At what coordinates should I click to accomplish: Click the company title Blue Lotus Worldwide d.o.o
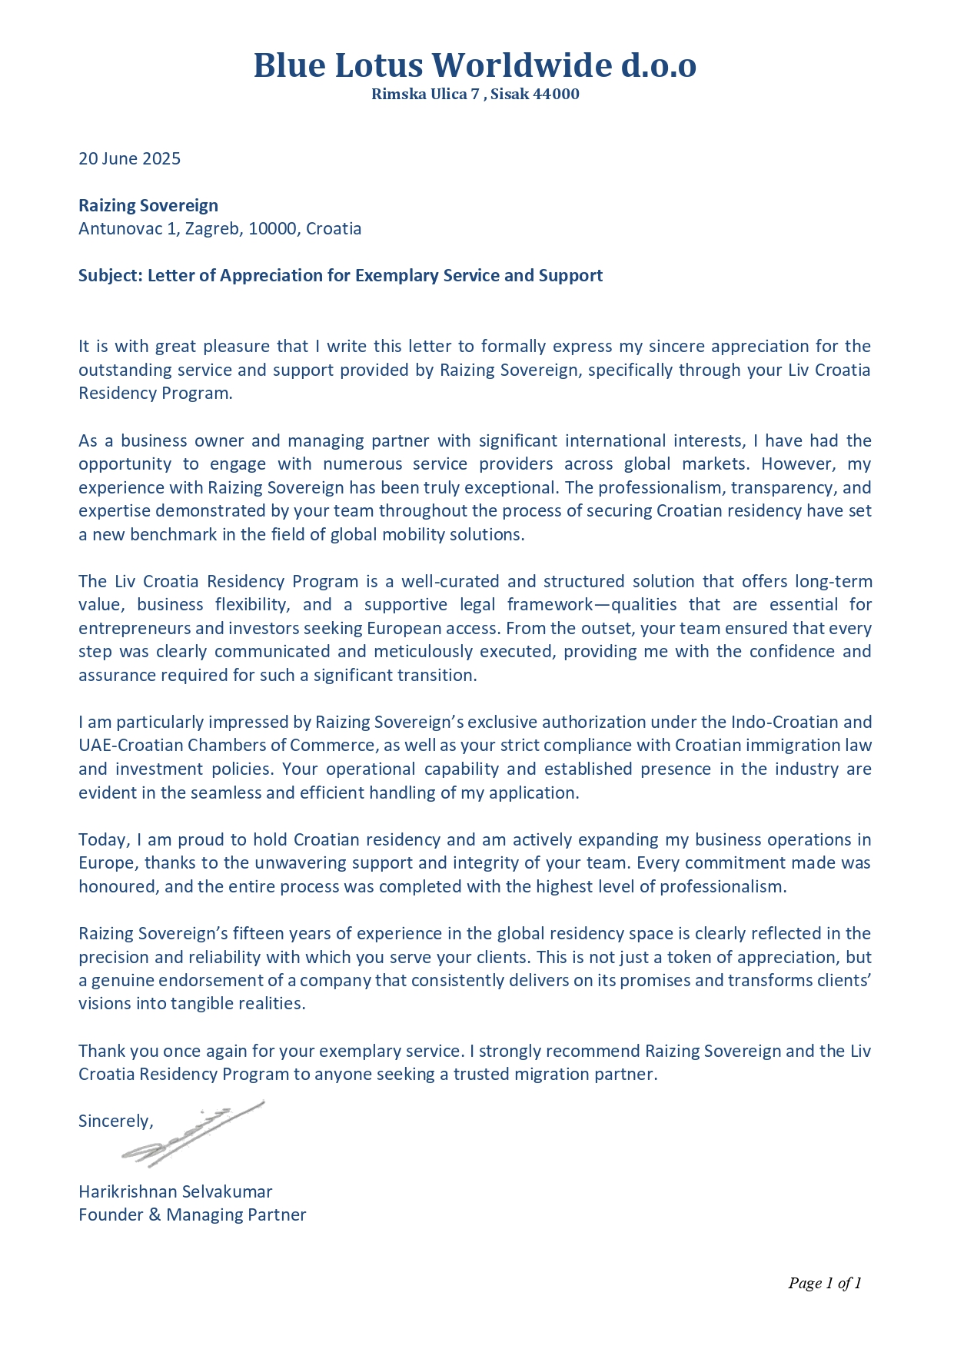click(x=474, y=65)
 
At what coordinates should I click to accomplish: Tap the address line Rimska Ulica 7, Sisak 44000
click(x=474, y=95)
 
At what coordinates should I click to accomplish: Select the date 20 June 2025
click(x=129, y=159)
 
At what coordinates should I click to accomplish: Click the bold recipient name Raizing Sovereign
click(x=148, y=205)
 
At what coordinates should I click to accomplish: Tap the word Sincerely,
click(x=115, y=1121)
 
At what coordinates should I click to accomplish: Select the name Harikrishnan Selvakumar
click(x=175, y=1192)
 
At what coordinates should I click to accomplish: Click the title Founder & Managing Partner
click(x=192, y=1215)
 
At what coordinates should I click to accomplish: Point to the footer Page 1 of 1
click(x=824, y=1283)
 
